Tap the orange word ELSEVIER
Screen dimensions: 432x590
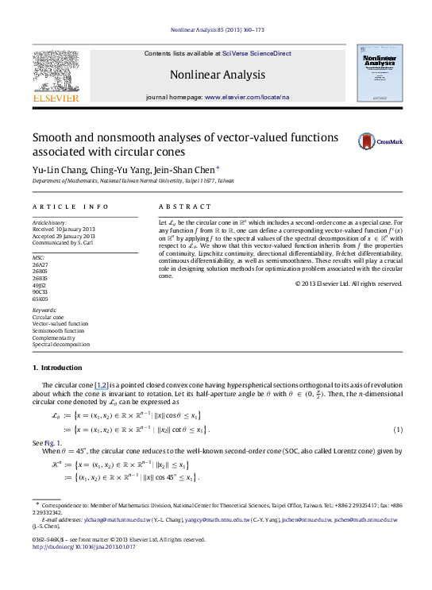(56, 98)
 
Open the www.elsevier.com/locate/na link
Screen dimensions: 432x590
(247, 96)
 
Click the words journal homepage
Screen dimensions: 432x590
(174, 96)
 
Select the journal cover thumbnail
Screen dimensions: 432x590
(380, 73)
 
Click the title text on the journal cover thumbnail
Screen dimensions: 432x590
(380, 61)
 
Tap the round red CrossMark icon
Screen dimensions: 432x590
(366, 141)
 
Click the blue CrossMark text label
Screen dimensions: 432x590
(389, 142)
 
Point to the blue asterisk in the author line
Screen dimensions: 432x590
(218, 168)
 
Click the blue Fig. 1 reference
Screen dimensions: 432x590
(52, 444)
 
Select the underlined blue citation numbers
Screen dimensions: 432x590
(102, 387)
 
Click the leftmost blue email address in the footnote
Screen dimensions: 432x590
(118, 520)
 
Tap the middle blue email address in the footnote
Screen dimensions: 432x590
(218, 520)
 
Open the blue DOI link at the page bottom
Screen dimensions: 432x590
(84, 547)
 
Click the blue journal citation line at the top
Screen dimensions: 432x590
(217, 30)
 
